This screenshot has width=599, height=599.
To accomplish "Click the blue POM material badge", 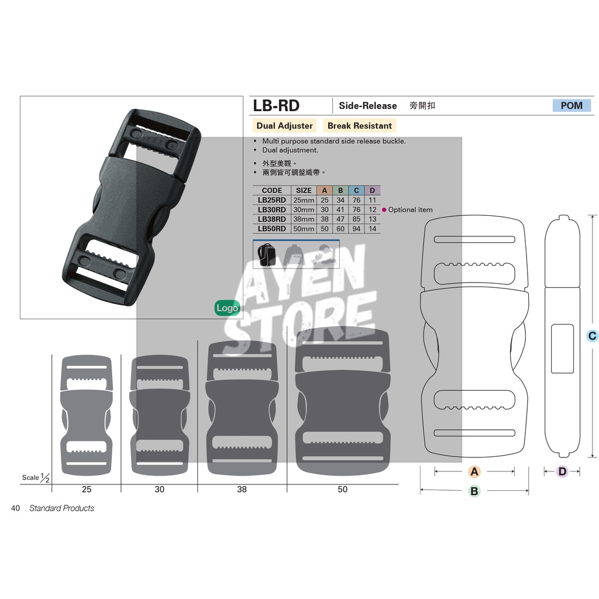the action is tap(572, 105).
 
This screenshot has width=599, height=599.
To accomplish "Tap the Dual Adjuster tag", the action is tap(285, 126).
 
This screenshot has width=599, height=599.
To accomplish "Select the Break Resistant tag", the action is tap(360, 126).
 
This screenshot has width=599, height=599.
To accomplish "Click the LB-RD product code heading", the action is tap(276, 105).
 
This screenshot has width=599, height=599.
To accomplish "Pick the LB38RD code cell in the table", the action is tap(271, 219).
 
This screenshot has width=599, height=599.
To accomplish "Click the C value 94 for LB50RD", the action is tap(356, 229).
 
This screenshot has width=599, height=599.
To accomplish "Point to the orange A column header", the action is tap(325, 190).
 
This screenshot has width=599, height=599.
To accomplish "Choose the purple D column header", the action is tap(373, 190).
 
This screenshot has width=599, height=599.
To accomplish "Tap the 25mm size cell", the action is tap(304, 200).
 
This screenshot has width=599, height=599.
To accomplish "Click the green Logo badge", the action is tap(227, 308).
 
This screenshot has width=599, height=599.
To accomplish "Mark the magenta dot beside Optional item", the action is tap(384, 210).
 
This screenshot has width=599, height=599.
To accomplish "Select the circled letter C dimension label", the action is tap(592, 336).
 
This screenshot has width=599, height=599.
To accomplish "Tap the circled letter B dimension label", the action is tap(474, 491).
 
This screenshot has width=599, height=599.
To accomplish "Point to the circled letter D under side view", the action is tap(562, 471).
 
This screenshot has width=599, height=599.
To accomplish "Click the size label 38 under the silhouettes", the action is tap(242, 490).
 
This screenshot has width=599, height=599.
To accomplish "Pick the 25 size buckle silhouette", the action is tap(87, 415).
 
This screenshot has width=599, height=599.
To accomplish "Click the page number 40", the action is tap(15, 508).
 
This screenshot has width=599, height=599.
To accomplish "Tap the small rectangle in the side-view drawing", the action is tap(562, 349).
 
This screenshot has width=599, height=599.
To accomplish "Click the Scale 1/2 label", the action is tap(36, 477).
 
